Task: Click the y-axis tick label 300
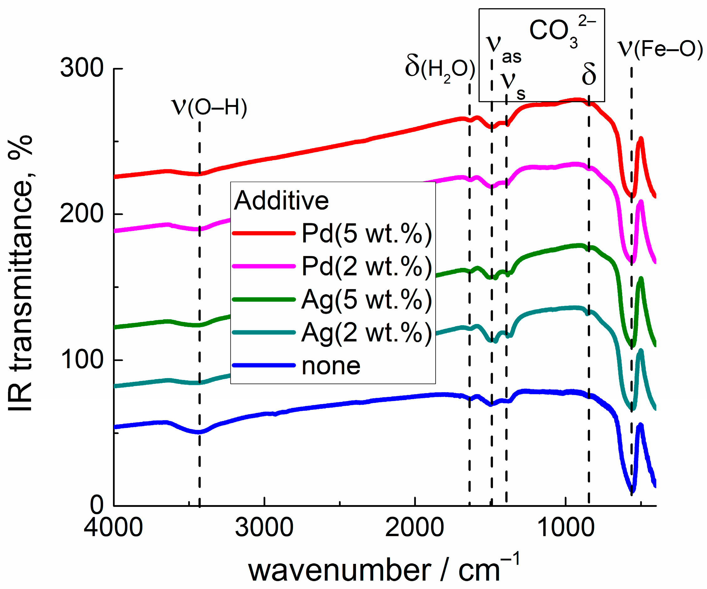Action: point(81,68)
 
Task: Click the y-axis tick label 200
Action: point(81,214)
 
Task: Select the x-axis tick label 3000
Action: point(264,527)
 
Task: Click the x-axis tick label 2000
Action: point(414,527)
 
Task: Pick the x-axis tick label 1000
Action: point(565,527)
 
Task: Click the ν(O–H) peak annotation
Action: point(209,108)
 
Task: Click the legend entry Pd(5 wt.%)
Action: point(366,233)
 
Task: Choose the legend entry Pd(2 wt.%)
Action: point(366,266)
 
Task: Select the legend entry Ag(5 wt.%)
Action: point(366,299)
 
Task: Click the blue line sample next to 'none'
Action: point(264,365)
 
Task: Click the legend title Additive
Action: point(281,201)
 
